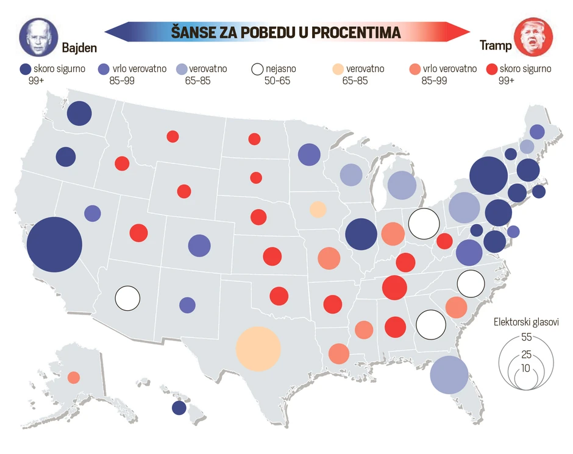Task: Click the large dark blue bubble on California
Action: pos(54,244)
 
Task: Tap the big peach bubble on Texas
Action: pos(258,349)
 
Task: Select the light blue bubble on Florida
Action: pos(449,374)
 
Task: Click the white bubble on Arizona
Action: pos(128,298)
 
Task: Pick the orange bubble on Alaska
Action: pos(74,377)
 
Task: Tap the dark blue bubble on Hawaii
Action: pos(179,408)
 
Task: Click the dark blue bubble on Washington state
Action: pos(79,113)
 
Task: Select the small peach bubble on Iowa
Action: pos(318,209)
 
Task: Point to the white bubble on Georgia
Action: pos(430,324)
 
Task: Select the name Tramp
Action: pos(496,46)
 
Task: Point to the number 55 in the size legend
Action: pos(527,337)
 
